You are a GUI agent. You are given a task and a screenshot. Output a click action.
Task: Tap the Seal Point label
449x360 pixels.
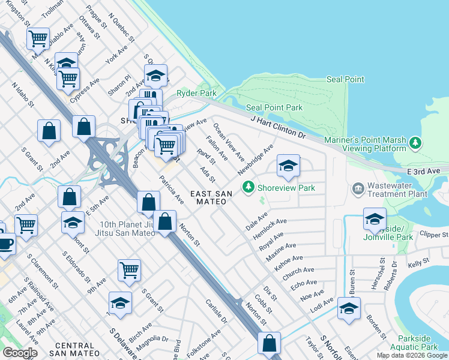tap(345, 79)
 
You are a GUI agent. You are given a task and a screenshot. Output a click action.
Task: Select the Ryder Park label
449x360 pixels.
tap(196, 94)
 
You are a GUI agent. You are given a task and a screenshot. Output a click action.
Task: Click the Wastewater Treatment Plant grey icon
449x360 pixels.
tap(358, 189)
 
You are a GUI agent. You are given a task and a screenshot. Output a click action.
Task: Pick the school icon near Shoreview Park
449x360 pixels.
tap(288, 166)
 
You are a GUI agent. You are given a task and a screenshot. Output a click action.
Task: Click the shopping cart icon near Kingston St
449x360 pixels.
tap(38, 38)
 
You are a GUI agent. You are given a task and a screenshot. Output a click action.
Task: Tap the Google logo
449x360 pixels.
tap(20, 353)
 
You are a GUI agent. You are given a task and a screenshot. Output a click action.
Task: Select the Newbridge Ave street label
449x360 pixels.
tap(256, 159)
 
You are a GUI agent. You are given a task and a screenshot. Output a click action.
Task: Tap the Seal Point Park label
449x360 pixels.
tap(274, 107)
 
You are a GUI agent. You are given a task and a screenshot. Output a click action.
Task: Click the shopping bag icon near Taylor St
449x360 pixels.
tap(270, 343)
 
